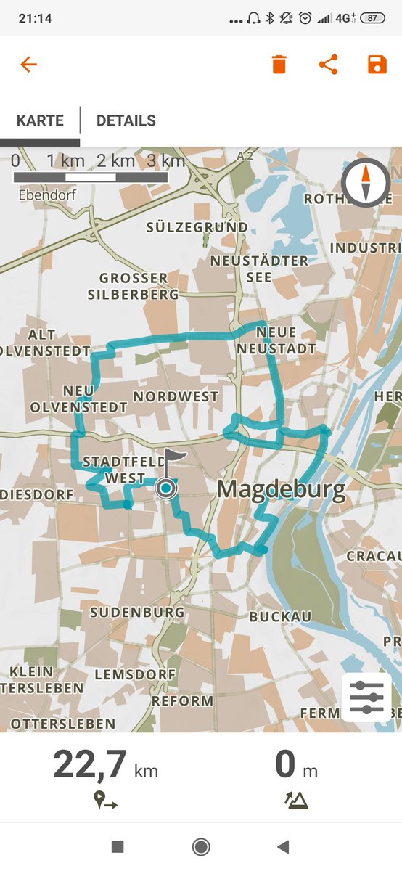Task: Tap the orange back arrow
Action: [x=28, y=65]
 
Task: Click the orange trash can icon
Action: [x=279, y=65]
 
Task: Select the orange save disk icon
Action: [x=377, y=65]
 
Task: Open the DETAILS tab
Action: [x=126, y=120]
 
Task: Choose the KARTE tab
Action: [x=40, y=120]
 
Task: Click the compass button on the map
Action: [x=366, y=182]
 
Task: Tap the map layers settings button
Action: [x=366, y=697]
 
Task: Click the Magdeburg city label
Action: [x=281, y=490]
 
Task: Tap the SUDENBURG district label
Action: [x=137, y=613]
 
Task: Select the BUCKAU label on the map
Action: [x=280, y=616]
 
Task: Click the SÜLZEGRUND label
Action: [x=197, y=227]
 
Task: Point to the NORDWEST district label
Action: [x=176, y=396]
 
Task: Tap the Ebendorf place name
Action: [x=47, y=195]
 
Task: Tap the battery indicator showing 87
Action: [x=372, y=18]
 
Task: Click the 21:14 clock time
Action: [x=35, y=18]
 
